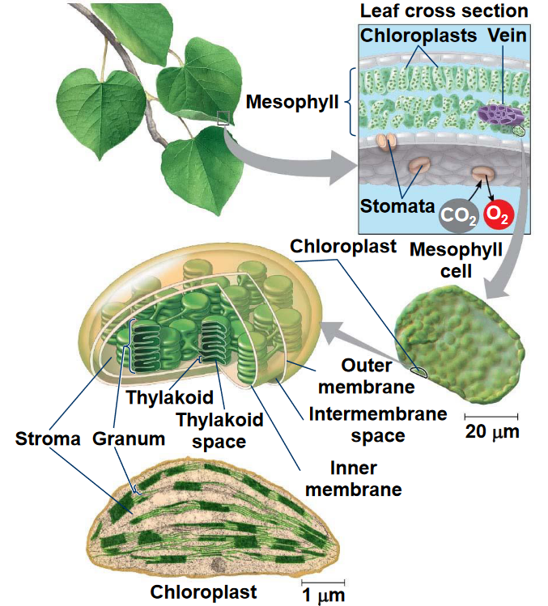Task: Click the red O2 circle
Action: coord(497,214)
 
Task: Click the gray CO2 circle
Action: coord(457,215)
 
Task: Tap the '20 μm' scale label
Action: coord(492,431)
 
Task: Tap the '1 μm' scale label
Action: coord(323,596)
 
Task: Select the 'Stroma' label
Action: coord(48,439)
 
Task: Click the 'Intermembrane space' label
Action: coord(377,426)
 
